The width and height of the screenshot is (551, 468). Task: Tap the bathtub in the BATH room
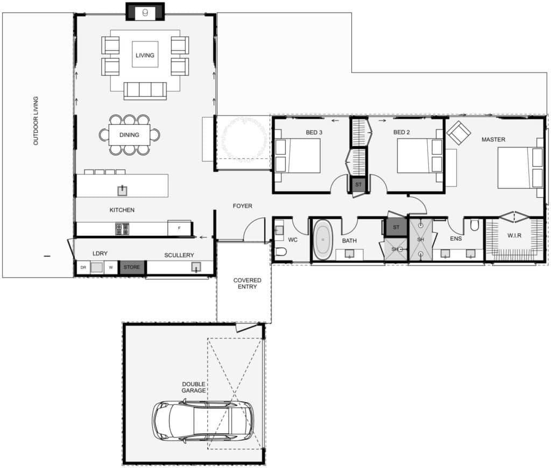(x=322, y=240)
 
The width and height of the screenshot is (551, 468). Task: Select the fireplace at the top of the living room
(x=145, y=12)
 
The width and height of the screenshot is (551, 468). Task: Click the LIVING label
(x=145, y=55)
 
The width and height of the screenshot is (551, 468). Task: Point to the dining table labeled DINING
(x=129, y=135)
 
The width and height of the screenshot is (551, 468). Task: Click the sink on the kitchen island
(x=123, y=189)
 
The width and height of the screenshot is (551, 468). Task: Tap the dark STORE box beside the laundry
(x=132, y=267)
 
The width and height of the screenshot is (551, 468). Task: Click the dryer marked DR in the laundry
(x=83, y=267)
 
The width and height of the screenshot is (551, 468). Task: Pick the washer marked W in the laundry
(x=110, y=267)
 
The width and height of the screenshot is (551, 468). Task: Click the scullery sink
(x=196, y=267)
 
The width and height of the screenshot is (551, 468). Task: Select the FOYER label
(x=242, y=206)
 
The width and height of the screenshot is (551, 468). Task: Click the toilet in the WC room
(x=281, y=251)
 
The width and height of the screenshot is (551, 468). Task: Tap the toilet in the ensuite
(x=475, y=225)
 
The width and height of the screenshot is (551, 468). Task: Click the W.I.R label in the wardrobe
(x=514, y=236)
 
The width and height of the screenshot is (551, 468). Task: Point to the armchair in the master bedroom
(x=458, y=133)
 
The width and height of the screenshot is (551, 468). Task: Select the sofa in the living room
(x=145, y=90)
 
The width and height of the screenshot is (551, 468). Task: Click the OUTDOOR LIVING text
(x=36, y=121)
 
